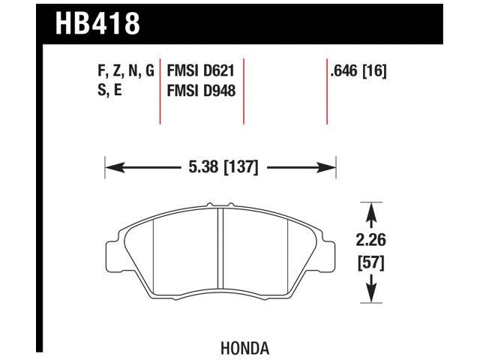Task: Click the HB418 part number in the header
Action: [x=97, y=23]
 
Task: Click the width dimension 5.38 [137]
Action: [x=220, y=167]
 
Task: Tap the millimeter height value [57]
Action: [x=369, y=262]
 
